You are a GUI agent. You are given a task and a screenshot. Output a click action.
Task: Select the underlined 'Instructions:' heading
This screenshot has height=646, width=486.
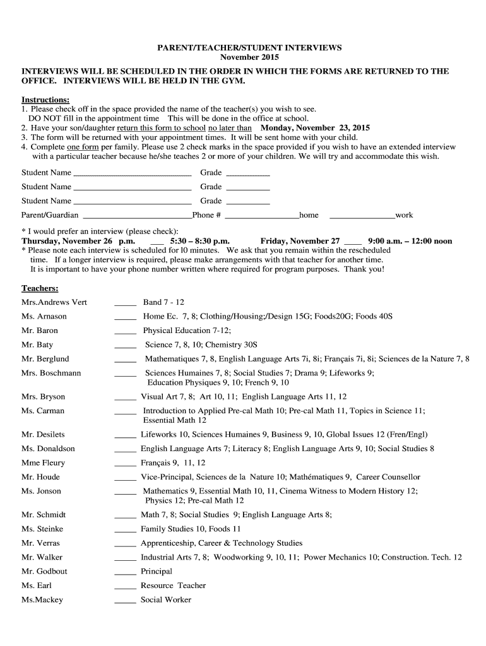click(x=45, y=100)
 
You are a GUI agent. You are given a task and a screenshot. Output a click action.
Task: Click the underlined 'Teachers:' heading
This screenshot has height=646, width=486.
click(x=40, y=288)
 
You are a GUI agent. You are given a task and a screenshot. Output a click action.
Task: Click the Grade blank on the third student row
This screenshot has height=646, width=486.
click(x=247, y=203)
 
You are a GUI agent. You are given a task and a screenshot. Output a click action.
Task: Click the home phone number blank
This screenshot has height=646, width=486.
click(x=262, y=216)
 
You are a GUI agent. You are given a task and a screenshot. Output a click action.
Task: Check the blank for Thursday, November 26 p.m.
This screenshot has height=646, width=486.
click(x=157, y=242)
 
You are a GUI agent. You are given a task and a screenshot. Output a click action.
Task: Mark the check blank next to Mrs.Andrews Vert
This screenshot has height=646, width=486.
click(x=125, y=303)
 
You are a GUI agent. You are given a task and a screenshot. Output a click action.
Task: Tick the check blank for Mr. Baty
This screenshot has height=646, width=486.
click(x=125, y=346)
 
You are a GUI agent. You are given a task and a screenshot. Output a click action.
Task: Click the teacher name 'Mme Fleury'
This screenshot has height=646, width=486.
click(x=43, y=462)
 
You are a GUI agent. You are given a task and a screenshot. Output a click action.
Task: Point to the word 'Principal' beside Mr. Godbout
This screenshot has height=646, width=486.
click(x=157, y=572)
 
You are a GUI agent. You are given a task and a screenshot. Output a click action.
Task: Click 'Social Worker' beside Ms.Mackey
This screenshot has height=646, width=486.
click(x=166, y=600)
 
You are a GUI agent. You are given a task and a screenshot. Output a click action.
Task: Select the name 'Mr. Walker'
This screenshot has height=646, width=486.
click(x=42, y=557)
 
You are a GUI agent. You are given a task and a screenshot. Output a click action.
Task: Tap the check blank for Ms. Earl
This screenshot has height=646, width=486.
click(x=125, y=587)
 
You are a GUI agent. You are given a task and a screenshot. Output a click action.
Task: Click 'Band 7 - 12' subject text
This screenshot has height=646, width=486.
click(x=163, y=302)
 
